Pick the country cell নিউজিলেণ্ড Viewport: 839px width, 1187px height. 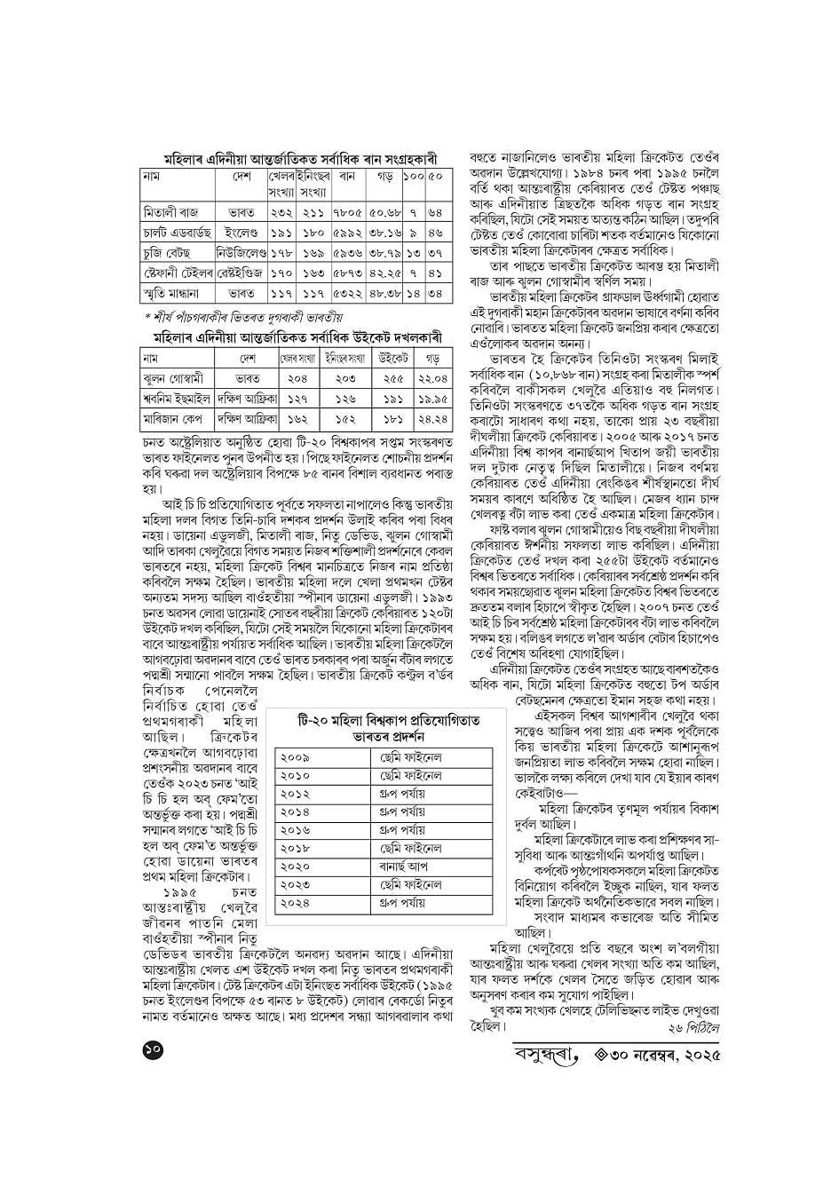pos(241,253)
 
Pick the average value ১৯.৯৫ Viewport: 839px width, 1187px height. pos(432,400)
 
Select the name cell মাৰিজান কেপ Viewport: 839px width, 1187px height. pos(174,419)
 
